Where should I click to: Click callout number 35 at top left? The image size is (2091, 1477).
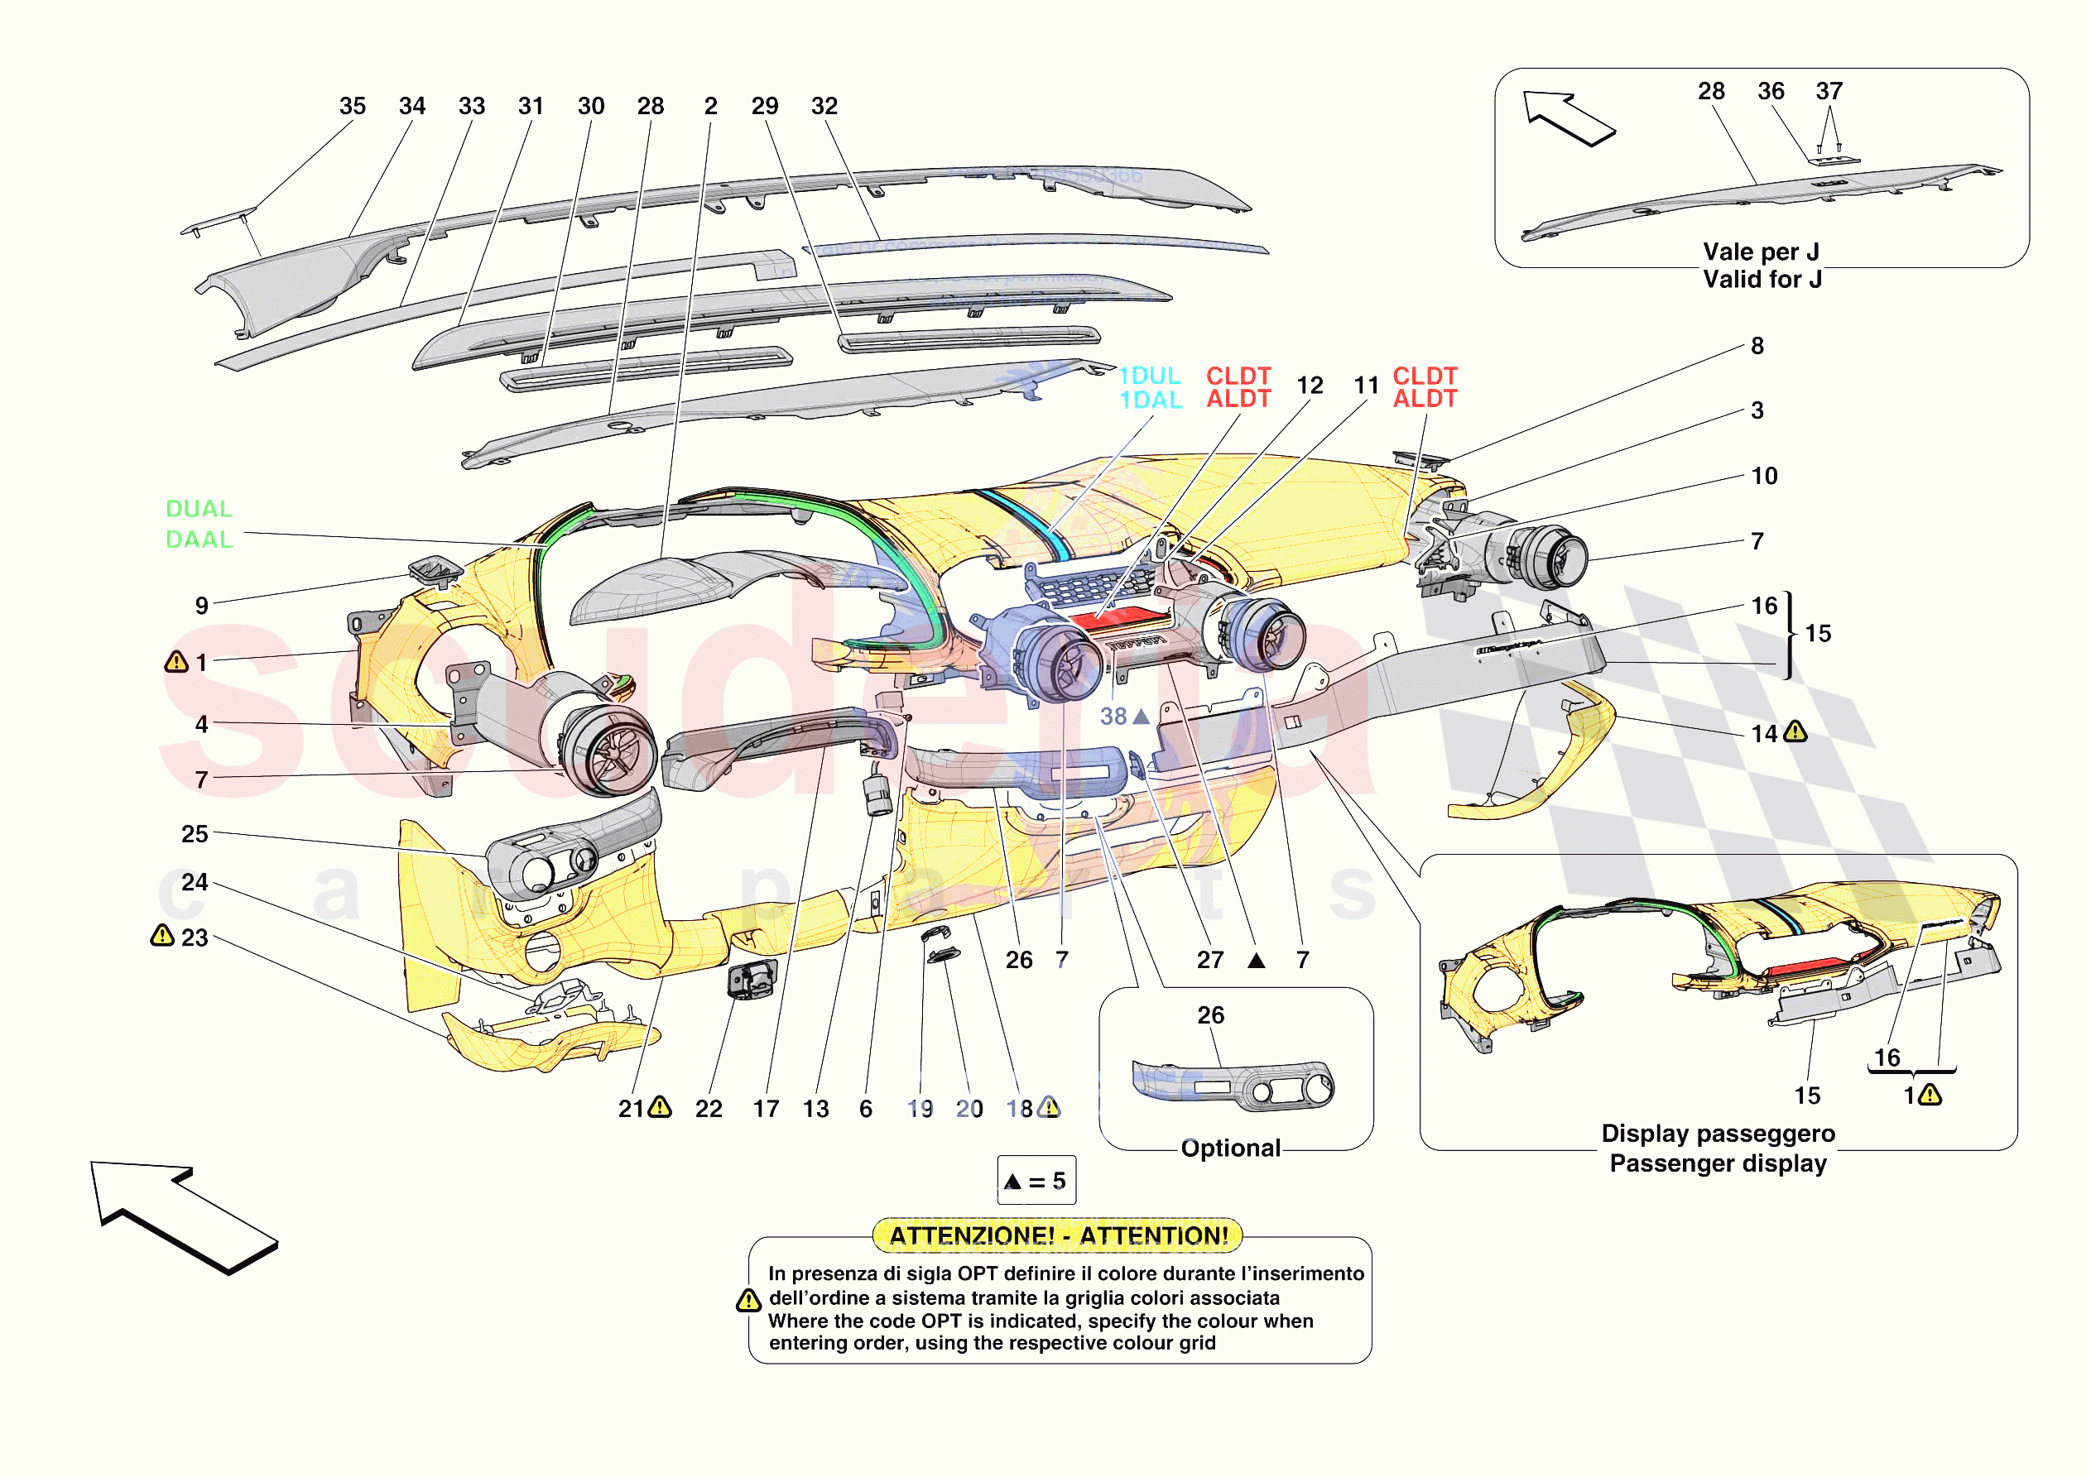coord(353,106)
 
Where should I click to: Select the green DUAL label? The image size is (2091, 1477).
coord(199,509)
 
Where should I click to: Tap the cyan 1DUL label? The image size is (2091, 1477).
coord(1149,375)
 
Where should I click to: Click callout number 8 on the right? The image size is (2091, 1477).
coord(1757,346)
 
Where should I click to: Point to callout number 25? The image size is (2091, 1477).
coord(194,833)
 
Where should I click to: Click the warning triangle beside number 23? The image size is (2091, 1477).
coord(162,935)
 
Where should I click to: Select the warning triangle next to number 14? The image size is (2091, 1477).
coord(1795,731)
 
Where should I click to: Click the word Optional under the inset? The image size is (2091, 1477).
coord(1230,1149)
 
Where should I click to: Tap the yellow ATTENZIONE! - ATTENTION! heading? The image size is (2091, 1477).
coord(1058,1235)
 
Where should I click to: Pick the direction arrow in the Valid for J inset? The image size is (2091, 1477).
coord(1568,117)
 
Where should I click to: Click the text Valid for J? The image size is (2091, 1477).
coord(1762,280)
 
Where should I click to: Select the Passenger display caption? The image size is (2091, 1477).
coord(1718,1163)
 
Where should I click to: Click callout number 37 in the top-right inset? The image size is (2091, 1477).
coord(1829,91)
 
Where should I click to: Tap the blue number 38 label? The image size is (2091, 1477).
coord(1113,717)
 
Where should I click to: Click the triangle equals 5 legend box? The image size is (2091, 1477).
coord(1036,1181)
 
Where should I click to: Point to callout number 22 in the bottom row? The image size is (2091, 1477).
coord(709,1108)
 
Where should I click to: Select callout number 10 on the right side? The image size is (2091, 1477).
coord(1764,477)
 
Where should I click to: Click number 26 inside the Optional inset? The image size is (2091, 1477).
coord(1210,1015)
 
